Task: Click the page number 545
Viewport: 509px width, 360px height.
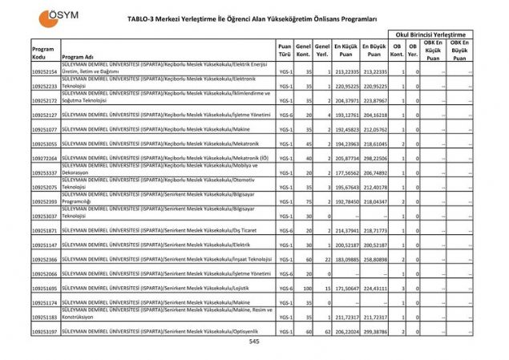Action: pyautogui.click(x=254, y=341)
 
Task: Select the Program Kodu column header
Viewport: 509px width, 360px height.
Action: pyautogui.click(x=42, y=53)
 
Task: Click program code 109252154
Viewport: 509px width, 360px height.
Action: pyautogui.click(x=44, y=71)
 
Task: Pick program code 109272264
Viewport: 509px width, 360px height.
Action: pyautogui.click(x=44, y=159)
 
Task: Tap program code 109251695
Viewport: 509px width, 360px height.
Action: pyautogui.click(x=44, y=287)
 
